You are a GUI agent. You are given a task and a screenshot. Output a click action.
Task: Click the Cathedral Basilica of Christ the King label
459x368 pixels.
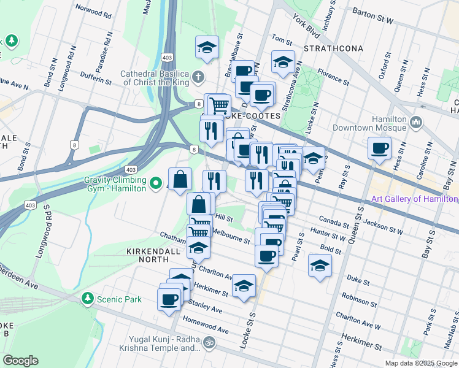tap(156, 77)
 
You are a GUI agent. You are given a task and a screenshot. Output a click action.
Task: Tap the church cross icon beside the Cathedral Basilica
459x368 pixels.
tap(198, 77)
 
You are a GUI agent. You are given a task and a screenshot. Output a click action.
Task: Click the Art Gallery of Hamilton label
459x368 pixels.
tap(415, 199)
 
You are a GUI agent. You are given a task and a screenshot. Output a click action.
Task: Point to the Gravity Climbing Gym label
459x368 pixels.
tap(115, 184)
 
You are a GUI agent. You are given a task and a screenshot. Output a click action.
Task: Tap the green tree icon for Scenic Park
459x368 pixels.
tap(88, 299)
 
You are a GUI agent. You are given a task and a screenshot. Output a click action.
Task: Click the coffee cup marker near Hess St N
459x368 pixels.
tap(379, 148)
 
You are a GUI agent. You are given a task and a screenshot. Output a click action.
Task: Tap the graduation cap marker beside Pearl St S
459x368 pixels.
tap(320, 266)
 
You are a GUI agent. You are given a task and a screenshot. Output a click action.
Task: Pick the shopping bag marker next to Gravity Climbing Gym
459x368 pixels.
tap(180, 179)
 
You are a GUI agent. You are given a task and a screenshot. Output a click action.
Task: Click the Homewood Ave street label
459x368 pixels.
tap(206, 326)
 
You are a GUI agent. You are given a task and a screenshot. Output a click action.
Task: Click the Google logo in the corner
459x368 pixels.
tap(20, 361)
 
